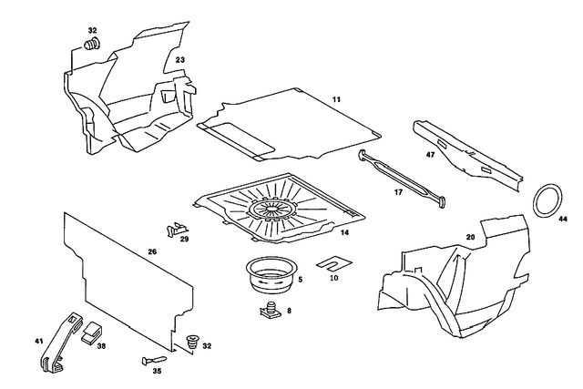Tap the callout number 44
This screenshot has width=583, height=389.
562,220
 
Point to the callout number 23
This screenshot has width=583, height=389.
180,60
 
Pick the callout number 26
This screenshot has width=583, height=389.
152,252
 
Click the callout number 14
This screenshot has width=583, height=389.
344,233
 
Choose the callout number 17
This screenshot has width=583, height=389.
398,192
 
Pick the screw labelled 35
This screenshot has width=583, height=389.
151,361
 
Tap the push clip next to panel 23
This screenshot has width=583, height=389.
92,44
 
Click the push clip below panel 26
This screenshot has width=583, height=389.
191,344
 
